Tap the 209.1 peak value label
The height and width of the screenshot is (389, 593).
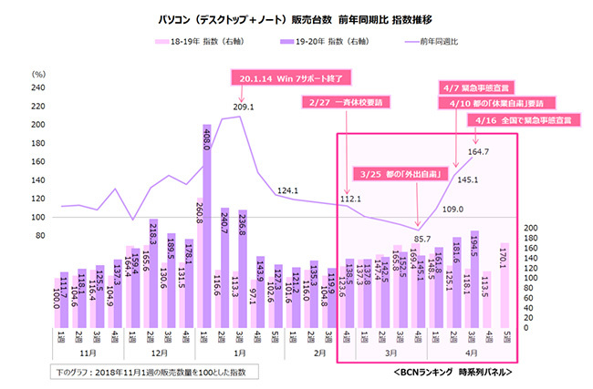pos(244,107)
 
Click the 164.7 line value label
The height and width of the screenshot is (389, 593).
pos(479,151)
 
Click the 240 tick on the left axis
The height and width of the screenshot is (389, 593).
pos(37,88)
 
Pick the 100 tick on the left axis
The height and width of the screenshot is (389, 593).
pos(37,218)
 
